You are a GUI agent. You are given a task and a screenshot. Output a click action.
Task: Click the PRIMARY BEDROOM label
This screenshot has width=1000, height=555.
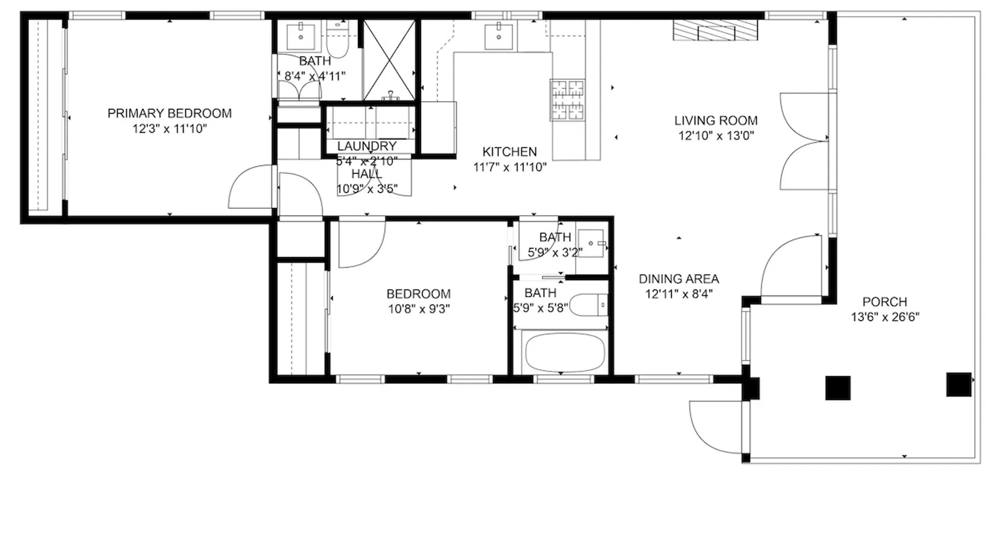coord(169,113)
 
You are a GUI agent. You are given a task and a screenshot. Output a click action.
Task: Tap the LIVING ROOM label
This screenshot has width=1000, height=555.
coord(716,120)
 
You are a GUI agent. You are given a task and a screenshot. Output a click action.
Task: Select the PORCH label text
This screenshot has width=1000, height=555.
coord(884,302)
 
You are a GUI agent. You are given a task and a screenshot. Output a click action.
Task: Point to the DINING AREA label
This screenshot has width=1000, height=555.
coord(678,279)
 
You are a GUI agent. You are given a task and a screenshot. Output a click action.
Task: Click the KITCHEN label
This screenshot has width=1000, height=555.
coord(509,152)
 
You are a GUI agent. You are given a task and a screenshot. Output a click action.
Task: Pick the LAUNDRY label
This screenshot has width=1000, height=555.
coord(367,146)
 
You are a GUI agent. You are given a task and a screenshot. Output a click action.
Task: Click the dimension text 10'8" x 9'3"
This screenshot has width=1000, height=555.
coord(418,309)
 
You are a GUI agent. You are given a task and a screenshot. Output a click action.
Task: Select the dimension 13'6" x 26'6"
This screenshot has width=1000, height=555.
coord(885,317)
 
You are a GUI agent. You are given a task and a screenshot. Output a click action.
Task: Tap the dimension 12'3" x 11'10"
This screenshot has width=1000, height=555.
coord(169,129)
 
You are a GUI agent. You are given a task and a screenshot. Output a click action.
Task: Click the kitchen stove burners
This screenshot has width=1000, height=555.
coord(567,100)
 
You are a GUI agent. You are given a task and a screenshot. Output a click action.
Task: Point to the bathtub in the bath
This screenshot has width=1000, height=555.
coord(564,352)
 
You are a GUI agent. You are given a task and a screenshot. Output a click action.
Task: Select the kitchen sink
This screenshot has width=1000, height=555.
coord(498,36)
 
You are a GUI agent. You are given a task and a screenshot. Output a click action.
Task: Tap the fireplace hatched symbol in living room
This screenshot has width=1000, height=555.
coord(716,30)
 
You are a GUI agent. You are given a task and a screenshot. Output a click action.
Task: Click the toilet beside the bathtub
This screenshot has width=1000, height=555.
coord(589,305)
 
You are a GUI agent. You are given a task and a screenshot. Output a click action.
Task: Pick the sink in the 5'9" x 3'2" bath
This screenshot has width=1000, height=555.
coord(591,243)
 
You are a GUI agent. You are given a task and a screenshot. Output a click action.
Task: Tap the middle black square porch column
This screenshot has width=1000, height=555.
coord(838,388)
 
